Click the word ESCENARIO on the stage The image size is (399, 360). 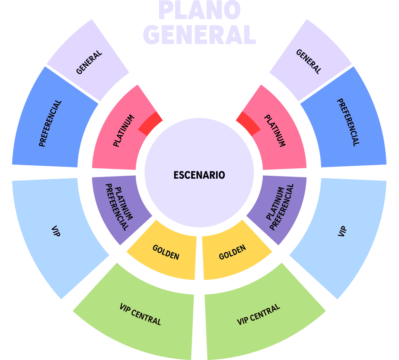[x=199, y=175]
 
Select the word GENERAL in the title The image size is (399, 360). [x=200, y=35]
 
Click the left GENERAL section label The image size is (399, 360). [x=89, y=62]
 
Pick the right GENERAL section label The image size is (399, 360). [x=308, y=61]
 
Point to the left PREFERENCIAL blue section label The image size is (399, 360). [x=50, y=123]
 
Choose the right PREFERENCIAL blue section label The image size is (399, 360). [x=348, y=122]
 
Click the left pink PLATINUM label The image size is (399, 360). [x=124, y=131]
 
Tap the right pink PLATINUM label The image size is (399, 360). [x=275, y=131]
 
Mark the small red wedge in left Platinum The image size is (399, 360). [x=150, y=123]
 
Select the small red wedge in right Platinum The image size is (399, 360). [x=249, y=123]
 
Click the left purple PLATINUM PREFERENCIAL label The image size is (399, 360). [x=119, y=207]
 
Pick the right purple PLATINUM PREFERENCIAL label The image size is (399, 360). [x=280, y=207]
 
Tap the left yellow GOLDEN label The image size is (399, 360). [x=166, y=252]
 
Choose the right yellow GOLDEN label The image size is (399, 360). [x=233, y=252]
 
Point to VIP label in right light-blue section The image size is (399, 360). [x=342, y=231]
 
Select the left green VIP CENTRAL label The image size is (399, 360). [x=140, y=315]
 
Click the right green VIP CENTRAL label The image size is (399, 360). [x=259, y=315]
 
